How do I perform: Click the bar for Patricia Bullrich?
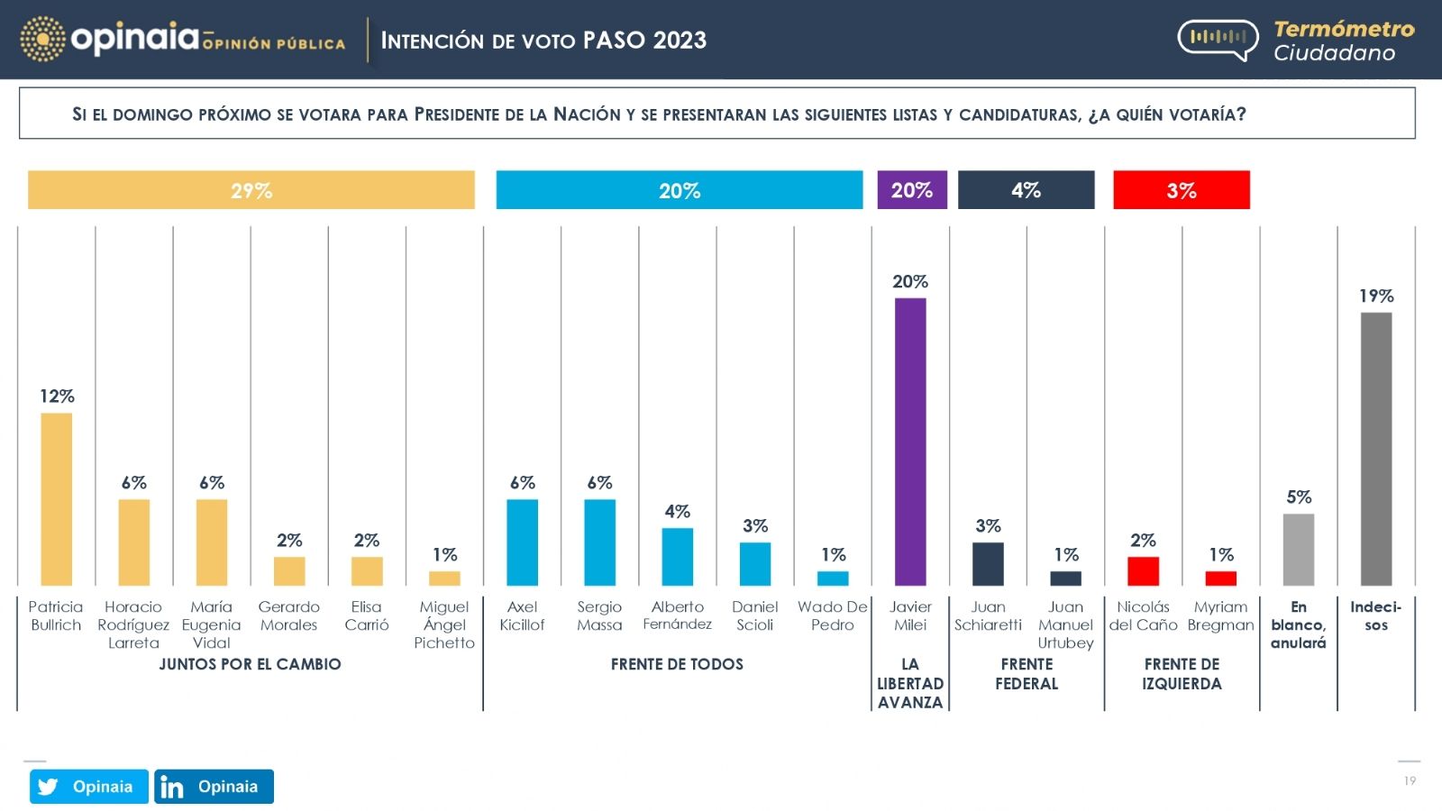57,499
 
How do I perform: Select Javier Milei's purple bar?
910,442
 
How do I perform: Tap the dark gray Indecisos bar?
1376,449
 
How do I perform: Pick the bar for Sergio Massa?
599,542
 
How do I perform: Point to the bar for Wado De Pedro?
833,579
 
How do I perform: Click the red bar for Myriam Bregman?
1221,579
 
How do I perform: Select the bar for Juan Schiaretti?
988,564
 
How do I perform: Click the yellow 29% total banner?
251,190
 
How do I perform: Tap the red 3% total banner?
1182,190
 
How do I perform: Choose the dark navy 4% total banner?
1026,190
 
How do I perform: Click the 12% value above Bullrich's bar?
57,396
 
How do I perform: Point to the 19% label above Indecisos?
1376,296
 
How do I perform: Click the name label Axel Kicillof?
522,616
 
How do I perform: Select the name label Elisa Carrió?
367,616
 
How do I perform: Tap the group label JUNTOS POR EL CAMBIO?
250,665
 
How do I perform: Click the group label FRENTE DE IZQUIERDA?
1182,674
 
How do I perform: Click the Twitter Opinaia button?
88,787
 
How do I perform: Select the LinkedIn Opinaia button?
214,787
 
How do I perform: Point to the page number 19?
1410,781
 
